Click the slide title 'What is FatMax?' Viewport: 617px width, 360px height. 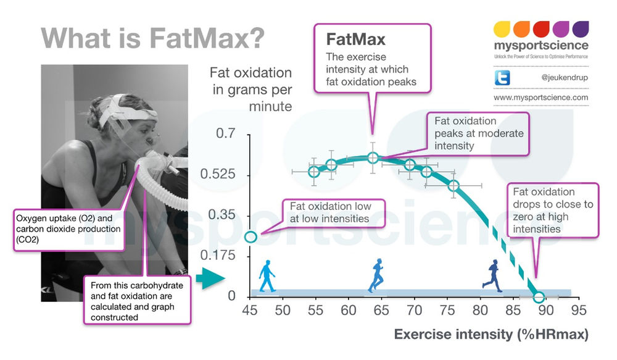pos(154,38)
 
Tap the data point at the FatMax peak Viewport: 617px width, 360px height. pos(373,157)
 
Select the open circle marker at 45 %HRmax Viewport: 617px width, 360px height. pos(251,237)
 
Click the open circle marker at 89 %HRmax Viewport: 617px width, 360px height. pos(538,297)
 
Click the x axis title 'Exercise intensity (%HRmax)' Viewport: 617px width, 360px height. pos(491,335)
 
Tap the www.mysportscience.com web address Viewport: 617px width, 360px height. pos(541,98)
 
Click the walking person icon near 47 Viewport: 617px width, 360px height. pos(267,275)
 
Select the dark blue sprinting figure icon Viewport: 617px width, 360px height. pos(492,275)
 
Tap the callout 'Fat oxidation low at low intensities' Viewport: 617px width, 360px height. pos(333,212)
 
